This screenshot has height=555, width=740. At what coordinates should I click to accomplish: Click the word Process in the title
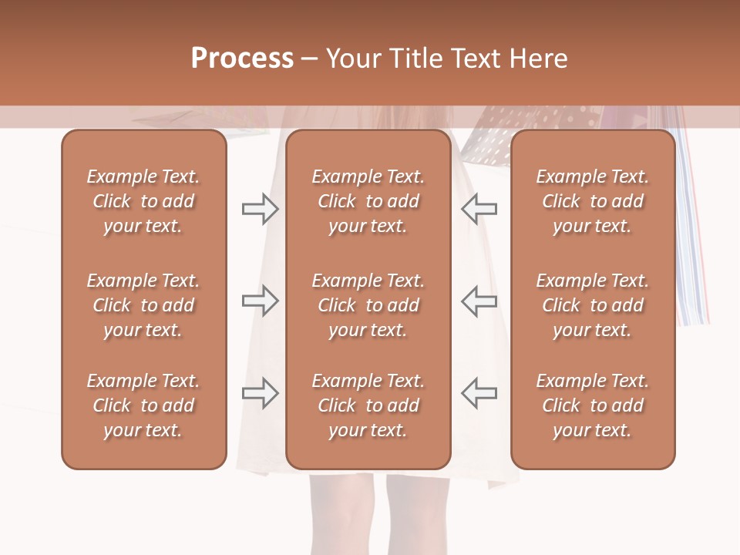tap(242, 59)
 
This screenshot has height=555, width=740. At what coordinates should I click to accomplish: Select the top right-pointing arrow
tap(260, 208)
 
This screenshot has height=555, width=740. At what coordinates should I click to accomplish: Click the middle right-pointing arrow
tap(260, 301)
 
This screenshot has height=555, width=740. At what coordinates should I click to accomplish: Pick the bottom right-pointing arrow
tap(260, 393)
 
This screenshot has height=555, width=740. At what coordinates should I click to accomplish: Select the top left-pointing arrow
tap(479, 208)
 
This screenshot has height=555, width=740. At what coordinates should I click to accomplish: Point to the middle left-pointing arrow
tap(479, 301)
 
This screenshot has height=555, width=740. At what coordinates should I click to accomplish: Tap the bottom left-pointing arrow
tap(479, 393)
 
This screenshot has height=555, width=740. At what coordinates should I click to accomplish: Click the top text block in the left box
tap(143, 201)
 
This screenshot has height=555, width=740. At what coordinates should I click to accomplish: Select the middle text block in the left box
tap(143, 305)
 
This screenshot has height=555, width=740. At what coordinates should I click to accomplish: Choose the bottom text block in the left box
tap(143, 405)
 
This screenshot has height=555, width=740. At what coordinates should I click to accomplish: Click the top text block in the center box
tap(368, 201)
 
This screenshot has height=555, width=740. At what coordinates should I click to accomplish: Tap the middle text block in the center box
tap(368, 305)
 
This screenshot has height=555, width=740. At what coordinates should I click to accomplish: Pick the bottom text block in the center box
tap(368, 405)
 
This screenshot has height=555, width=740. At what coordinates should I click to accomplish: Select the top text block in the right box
tap(592, 201)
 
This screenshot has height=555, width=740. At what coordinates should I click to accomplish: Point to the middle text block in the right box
tap(592, 305)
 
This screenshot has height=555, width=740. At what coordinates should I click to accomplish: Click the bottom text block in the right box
tap(592, 405)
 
